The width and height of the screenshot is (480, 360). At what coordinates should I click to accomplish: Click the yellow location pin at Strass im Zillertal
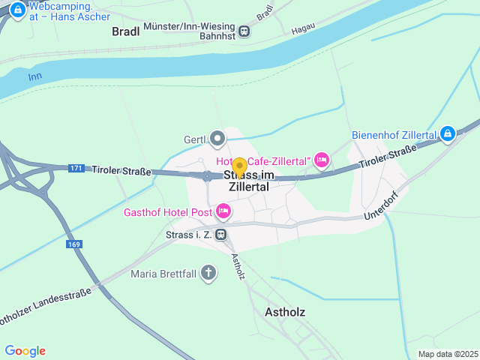click(239, 166)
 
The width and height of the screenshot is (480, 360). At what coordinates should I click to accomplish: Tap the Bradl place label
click(126, 31)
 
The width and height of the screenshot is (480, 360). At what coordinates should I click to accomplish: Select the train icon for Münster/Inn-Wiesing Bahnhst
click(244, 31)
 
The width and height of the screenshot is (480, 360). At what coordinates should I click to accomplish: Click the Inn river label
click(35, 76)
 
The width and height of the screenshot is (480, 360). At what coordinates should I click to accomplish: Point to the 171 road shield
click(75, 168)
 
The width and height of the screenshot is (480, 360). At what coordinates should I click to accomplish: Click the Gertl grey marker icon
click(217, 139)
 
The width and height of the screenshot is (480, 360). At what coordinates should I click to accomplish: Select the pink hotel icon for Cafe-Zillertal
click(322, 159)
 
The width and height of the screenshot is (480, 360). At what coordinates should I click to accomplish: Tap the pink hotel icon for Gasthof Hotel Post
click(223, 211)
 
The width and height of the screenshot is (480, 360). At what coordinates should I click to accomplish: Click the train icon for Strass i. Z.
click(220, 235)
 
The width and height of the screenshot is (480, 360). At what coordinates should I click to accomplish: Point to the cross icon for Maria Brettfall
click(208, 274)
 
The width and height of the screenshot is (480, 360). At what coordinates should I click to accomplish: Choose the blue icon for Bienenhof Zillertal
click(448, 133)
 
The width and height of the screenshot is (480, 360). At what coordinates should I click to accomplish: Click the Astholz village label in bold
click(286, 311)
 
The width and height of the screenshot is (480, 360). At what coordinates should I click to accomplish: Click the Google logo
click(25, 351)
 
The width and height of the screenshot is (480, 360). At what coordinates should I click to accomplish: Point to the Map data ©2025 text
click(447, 354)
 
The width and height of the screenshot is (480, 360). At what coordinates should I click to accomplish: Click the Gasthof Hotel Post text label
click(167, 211)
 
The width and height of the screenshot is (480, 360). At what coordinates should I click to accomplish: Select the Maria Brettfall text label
click(163, 274)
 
